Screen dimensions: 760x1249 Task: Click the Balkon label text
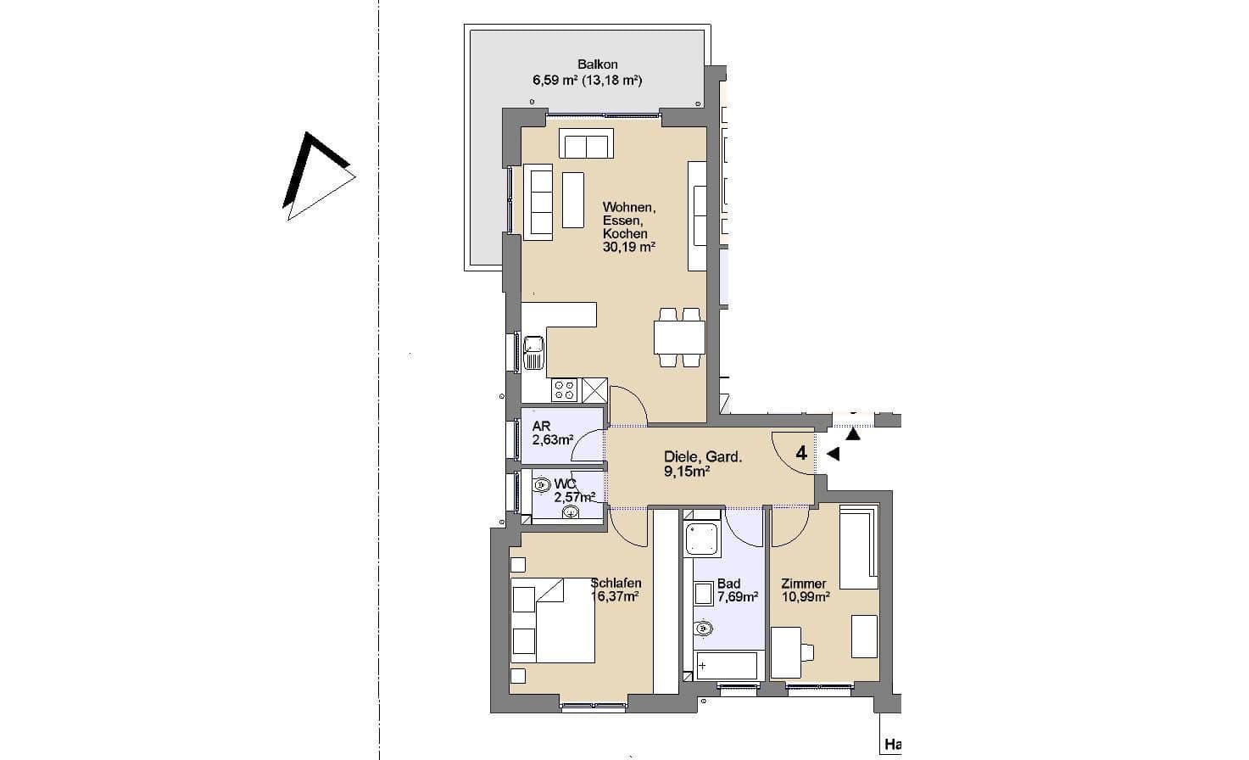pyautogui.click(x=597, y=64)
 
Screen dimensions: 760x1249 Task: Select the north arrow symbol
pyautogui.click(x=315, y=176)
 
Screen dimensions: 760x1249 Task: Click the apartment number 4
pyautogui.click(x=800, y=452)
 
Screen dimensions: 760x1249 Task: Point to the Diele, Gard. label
pyautogui.click(x=703, y=456)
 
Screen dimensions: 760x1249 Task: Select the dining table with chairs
pyautogui.click(x=679, y=338)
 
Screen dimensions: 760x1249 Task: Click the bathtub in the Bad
pyautogui.click(x=726, y=666)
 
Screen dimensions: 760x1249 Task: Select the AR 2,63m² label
pyautogui.click(x=552, y=433)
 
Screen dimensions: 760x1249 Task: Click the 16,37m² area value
pyautogui.click(x=615, y=596)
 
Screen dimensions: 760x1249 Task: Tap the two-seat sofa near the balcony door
pyautogui.click(x=585, y=145)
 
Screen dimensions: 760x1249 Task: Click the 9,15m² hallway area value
pyautogui.click(x=687, y=471)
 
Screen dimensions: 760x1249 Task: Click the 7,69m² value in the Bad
pyautogui.click(x=738, y=597)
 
